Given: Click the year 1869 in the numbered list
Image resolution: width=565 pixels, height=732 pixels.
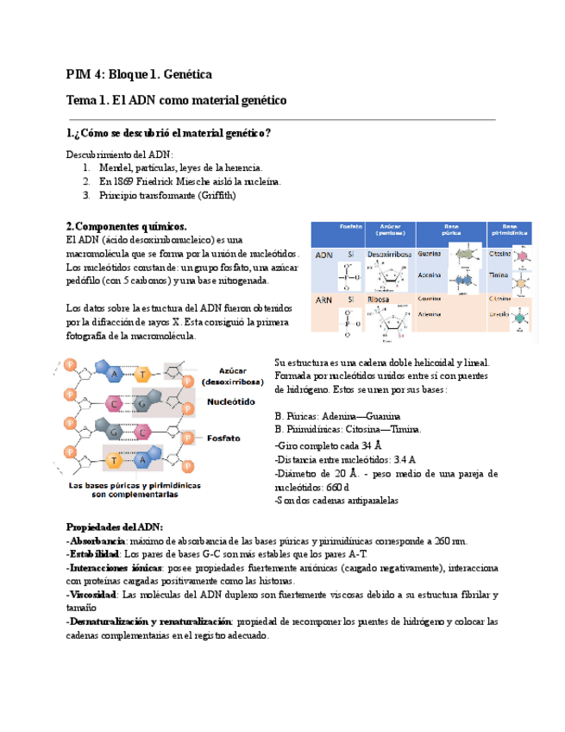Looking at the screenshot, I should coord(126,181).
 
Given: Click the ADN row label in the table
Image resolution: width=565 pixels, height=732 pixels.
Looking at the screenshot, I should coord(324,256).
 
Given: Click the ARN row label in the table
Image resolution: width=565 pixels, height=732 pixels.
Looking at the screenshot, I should coord(324,300).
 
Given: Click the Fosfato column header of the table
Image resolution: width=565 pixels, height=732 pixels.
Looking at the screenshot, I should coord(351,227).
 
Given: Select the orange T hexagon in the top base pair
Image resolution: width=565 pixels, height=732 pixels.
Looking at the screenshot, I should coord(145,373).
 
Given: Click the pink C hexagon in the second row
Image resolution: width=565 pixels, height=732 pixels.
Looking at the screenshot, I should coord(116,402).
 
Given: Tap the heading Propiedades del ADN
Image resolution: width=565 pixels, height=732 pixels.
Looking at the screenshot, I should coord(114,527).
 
